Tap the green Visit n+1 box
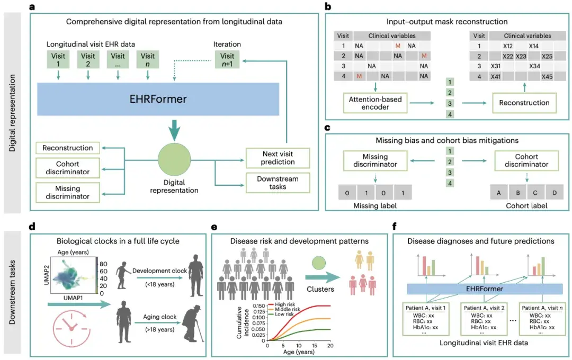[227, 60]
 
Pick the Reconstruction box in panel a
[67, 148]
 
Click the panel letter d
[33, 227]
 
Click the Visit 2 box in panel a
[88, 60]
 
